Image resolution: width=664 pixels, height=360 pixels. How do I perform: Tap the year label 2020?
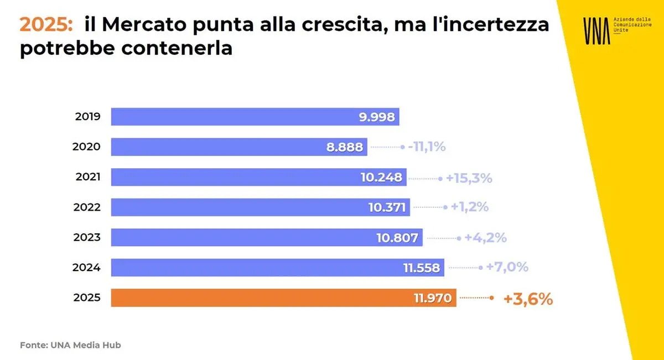click(87, 147)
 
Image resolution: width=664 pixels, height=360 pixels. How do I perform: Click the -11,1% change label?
click(427, 147)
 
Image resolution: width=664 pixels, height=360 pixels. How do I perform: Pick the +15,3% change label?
click(469, 178)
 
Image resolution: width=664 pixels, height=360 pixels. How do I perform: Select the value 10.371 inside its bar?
click(387, 208)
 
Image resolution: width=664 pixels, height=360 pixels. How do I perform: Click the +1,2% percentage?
click(469, 207)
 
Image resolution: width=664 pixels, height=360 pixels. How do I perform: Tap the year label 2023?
click(87, 238)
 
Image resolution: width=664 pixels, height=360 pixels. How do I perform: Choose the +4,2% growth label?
click(485, 238)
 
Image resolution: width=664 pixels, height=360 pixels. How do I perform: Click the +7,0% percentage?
click(507, 268)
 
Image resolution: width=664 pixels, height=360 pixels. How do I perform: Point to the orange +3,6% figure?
click(528, 299)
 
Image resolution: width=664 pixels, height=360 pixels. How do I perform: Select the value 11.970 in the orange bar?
click(433, 299)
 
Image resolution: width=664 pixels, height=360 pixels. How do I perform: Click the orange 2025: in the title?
click(46, 25)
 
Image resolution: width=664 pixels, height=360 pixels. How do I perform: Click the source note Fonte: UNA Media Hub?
click(70, 345)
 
